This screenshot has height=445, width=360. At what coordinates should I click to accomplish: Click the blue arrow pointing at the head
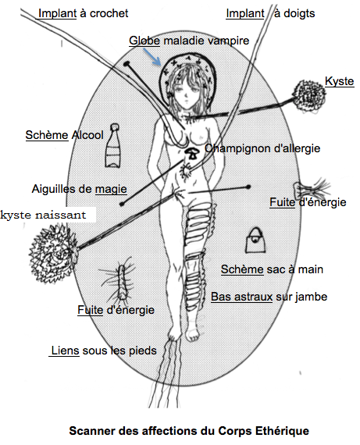pos(152,56)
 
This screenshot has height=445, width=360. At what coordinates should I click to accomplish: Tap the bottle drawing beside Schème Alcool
pos(112,145)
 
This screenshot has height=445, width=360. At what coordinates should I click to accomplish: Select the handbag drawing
pos(256,240)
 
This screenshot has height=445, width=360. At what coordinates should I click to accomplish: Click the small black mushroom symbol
pos(192,154)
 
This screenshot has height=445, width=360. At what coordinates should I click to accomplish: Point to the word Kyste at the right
pos(339,81)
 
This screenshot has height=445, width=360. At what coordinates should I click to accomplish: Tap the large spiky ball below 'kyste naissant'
pos(53,253)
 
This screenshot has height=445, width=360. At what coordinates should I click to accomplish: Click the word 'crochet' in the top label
pos(109,13)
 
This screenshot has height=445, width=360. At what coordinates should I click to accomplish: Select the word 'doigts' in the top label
pos(299,13)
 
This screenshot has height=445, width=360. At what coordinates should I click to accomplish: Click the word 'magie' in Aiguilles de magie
pos(111,189)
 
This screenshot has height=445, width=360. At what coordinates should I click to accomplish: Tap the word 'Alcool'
pos(87,135)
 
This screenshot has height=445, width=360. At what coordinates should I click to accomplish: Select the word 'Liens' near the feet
pos(65,351)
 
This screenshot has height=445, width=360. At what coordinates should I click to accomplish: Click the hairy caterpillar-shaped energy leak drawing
pos(122,282)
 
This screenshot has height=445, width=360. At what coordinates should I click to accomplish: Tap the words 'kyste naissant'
pos(43,215)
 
